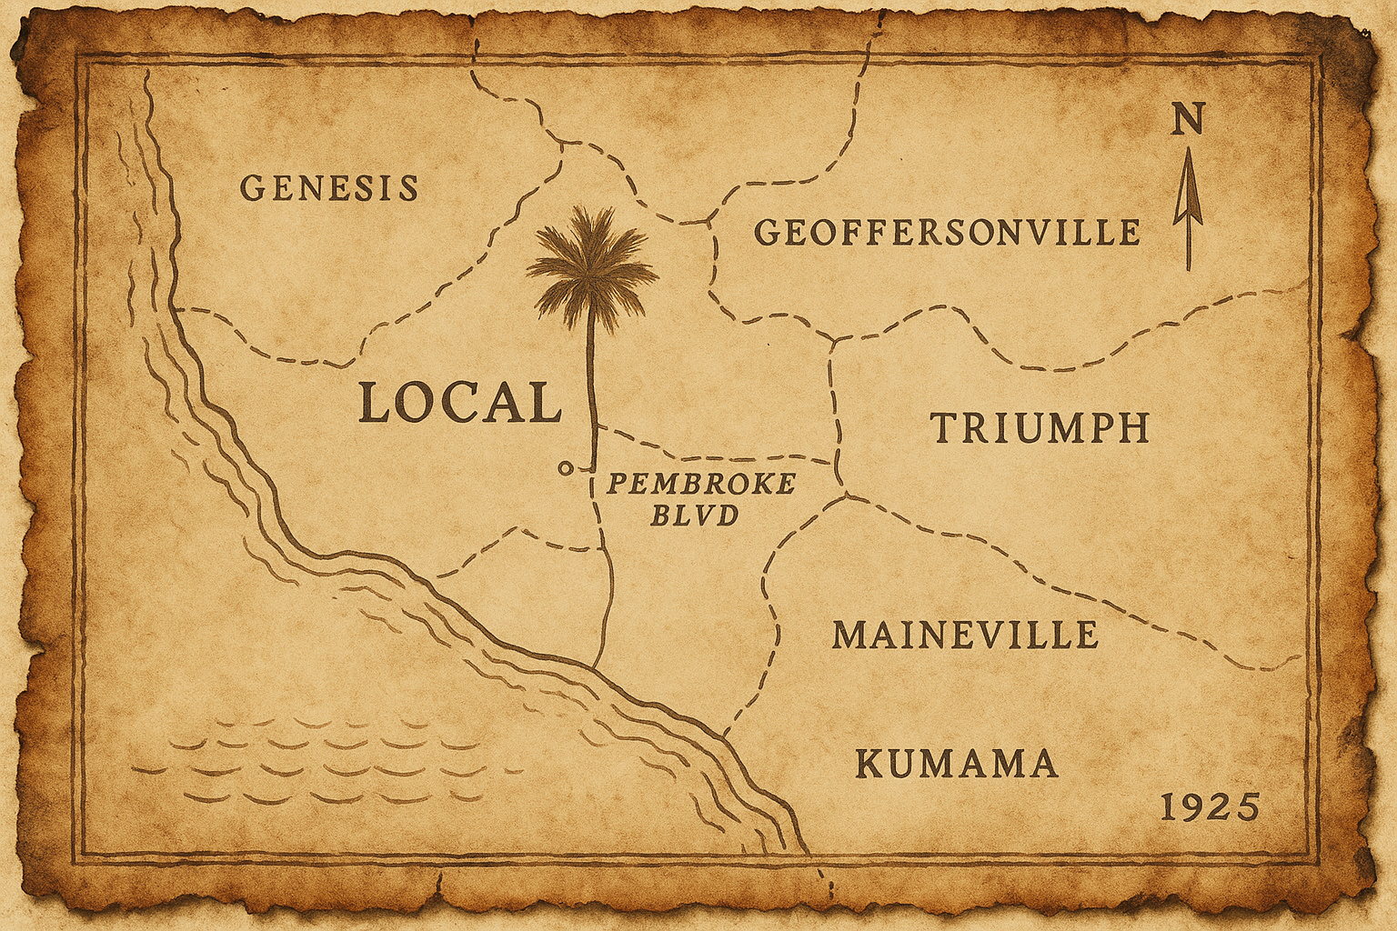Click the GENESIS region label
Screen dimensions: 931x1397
pos(329,188)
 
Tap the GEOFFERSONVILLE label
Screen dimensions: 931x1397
pos(948,233)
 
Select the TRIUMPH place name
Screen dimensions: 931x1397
pos(1040,428)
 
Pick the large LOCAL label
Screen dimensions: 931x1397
pos(459,403)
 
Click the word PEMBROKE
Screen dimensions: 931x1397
pos(700,484)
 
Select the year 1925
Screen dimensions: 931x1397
pos(1211,807)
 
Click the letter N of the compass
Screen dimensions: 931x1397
pos(1187,119)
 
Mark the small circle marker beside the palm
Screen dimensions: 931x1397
pos(565,468)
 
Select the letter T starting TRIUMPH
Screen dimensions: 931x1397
pos(944,428)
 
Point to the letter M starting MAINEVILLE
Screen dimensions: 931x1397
pos(849,635)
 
